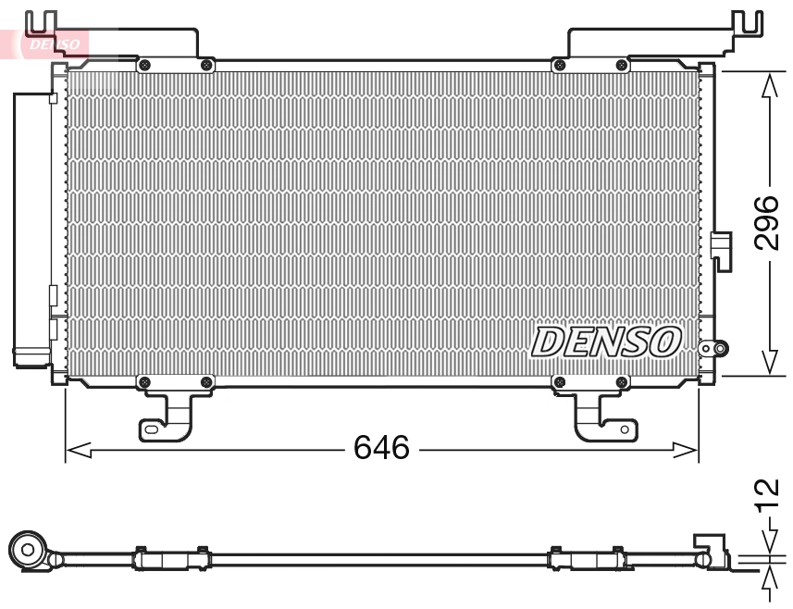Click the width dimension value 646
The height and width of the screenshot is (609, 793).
[381, 449]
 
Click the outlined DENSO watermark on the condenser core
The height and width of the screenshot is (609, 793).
[606, 342]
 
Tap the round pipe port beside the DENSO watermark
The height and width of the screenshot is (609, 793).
[713, 349]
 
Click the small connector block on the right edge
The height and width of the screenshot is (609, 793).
[720, 247]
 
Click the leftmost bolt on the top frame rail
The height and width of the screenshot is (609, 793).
[144, 64]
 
